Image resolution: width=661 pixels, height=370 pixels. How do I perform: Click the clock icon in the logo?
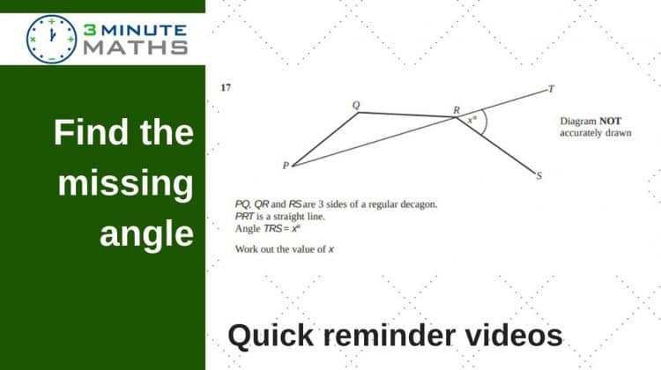coord(51,39)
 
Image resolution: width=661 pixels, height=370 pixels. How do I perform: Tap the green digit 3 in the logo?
coord(89,30)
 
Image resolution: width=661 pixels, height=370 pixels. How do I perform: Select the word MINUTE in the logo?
coord(144,30)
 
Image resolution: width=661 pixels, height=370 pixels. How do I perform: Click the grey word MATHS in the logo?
coord(136,48)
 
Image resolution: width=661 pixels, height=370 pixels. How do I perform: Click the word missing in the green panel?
coord(126,183)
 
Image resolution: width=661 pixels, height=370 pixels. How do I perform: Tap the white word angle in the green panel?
coord(146,233)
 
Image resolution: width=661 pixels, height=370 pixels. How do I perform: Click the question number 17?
coord(226,87)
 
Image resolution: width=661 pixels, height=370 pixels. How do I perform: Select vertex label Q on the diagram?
coord(356,105)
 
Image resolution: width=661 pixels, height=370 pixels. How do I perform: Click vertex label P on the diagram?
coord(286,166)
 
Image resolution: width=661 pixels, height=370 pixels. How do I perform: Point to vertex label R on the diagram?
coord(457,110)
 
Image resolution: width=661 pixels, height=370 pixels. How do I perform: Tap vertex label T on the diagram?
coord(551,89)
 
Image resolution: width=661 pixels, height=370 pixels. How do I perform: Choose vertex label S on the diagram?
coord(538,176)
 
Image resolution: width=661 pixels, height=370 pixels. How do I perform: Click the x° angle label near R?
coord(472,120)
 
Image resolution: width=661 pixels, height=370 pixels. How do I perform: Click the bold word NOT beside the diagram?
coord(610,122)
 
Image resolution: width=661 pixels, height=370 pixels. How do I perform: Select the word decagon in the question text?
coord(419,204)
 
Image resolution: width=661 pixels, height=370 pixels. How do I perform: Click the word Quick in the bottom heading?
coord(271,336)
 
